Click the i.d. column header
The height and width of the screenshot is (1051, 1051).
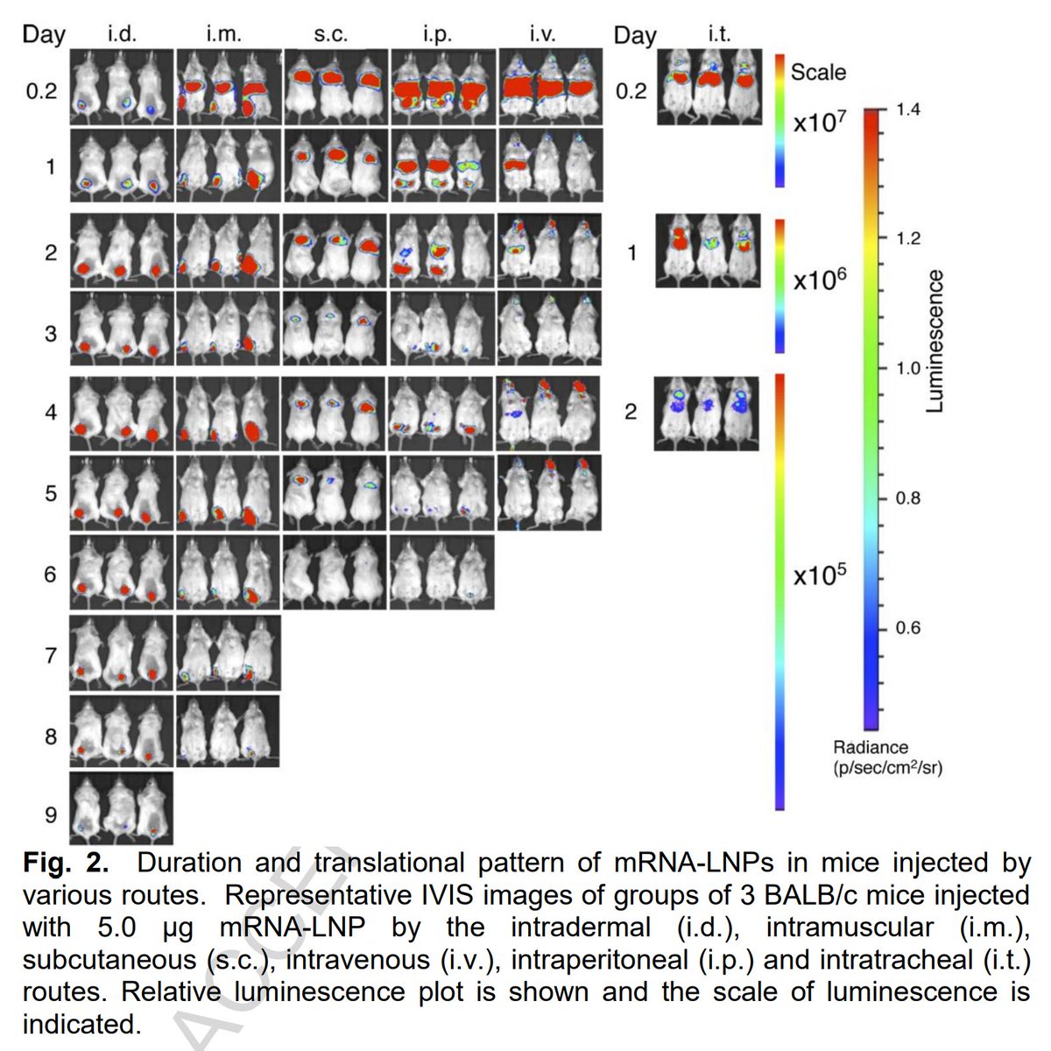pyautogui.click(x=122, y=34)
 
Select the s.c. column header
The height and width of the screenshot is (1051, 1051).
pyautogui.click(x=330, y=34)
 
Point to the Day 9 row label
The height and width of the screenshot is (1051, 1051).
pyautogui.click(x=51, y=815)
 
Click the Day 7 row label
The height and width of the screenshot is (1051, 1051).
pyautogui.click(x=51, y=654)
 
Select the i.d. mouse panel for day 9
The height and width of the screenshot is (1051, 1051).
pyautogui.click(x=122, y=808)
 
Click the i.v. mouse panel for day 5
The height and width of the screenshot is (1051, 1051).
pyautogui.click(x=549, y=491)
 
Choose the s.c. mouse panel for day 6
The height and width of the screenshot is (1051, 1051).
pyautogui.click(x=335, y=572)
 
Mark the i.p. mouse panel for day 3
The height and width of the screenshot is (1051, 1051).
pyautogui.click(x=442, y=328)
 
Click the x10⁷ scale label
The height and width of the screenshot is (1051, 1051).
pyautogui.click(x=819, y=123)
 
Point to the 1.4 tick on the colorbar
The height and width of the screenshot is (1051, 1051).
pyautogui.click(x=908, y=109)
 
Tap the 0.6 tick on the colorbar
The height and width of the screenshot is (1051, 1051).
pyautogui.click(x=908, y=628)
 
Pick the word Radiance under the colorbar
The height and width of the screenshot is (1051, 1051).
pyautogui.click(x=871, y=747)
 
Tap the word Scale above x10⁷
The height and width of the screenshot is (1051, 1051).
pyautogui.click(x=818, y=72)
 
